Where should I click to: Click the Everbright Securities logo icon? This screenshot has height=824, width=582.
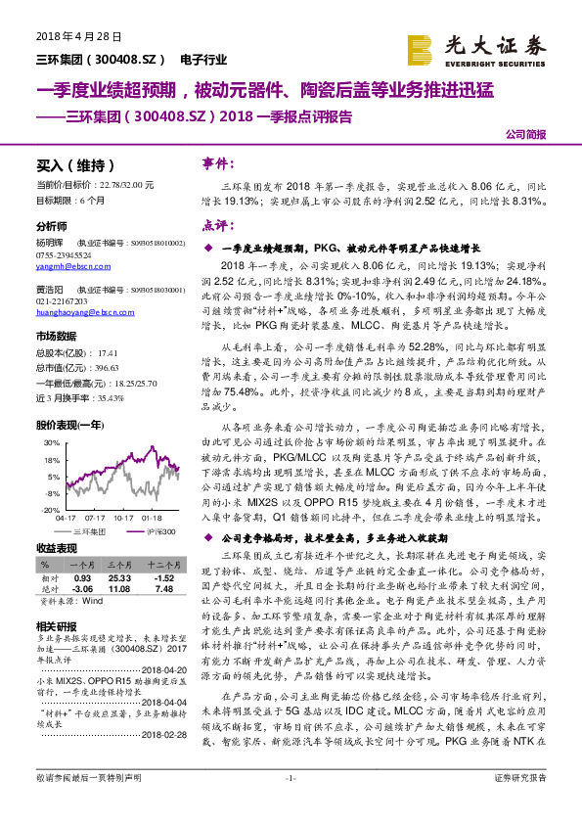420,46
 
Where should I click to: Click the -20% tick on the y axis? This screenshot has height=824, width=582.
49,509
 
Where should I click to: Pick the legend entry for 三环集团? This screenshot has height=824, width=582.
91,530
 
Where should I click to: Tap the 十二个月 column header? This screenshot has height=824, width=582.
158,565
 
